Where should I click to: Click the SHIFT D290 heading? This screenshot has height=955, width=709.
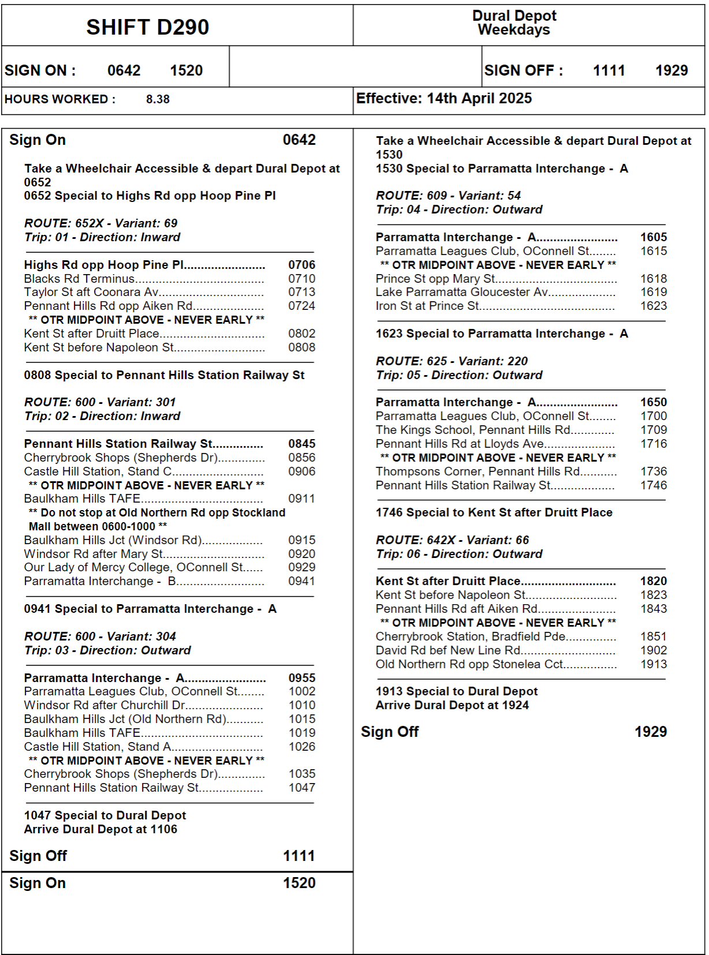[147, 27]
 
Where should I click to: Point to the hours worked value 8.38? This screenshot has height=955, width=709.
[158, 99]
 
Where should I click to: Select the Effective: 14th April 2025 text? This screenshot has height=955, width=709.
[443, 99]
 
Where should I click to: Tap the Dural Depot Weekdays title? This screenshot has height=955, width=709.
[514, 23]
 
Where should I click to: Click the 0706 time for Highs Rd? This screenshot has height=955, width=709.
[302, 265]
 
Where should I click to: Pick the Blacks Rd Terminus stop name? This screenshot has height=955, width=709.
[79, 279]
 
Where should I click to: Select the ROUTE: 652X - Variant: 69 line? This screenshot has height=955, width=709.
[100, 223]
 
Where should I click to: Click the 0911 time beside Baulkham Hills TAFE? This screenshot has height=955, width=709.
[302, 499]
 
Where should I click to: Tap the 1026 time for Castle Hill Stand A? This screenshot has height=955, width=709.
[302, 747]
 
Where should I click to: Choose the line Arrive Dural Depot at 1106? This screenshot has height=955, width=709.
[100, 829]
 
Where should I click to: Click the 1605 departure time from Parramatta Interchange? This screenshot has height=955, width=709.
[654, 237]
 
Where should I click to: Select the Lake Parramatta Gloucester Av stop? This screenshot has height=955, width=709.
[462, 292]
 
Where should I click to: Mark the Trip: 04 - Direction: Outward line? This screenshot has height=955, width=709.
[459, 209]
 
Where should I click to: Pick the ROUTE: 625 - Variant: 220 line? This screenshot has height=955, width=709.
[451, 361]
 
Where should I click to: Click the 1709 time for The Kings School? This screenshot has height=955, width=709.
[654, 430]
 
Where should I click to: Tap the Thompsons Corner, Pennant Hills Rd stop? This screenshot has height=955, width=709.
[478, 471]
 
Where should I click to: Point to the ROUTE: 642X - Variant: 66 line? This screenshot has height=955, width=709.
[452, 540]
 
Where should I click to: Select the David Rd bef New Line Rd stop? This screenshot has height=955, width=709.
[448, 650]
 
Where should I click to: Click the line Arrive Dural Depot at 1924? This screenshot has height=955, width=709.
[452, 705]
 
